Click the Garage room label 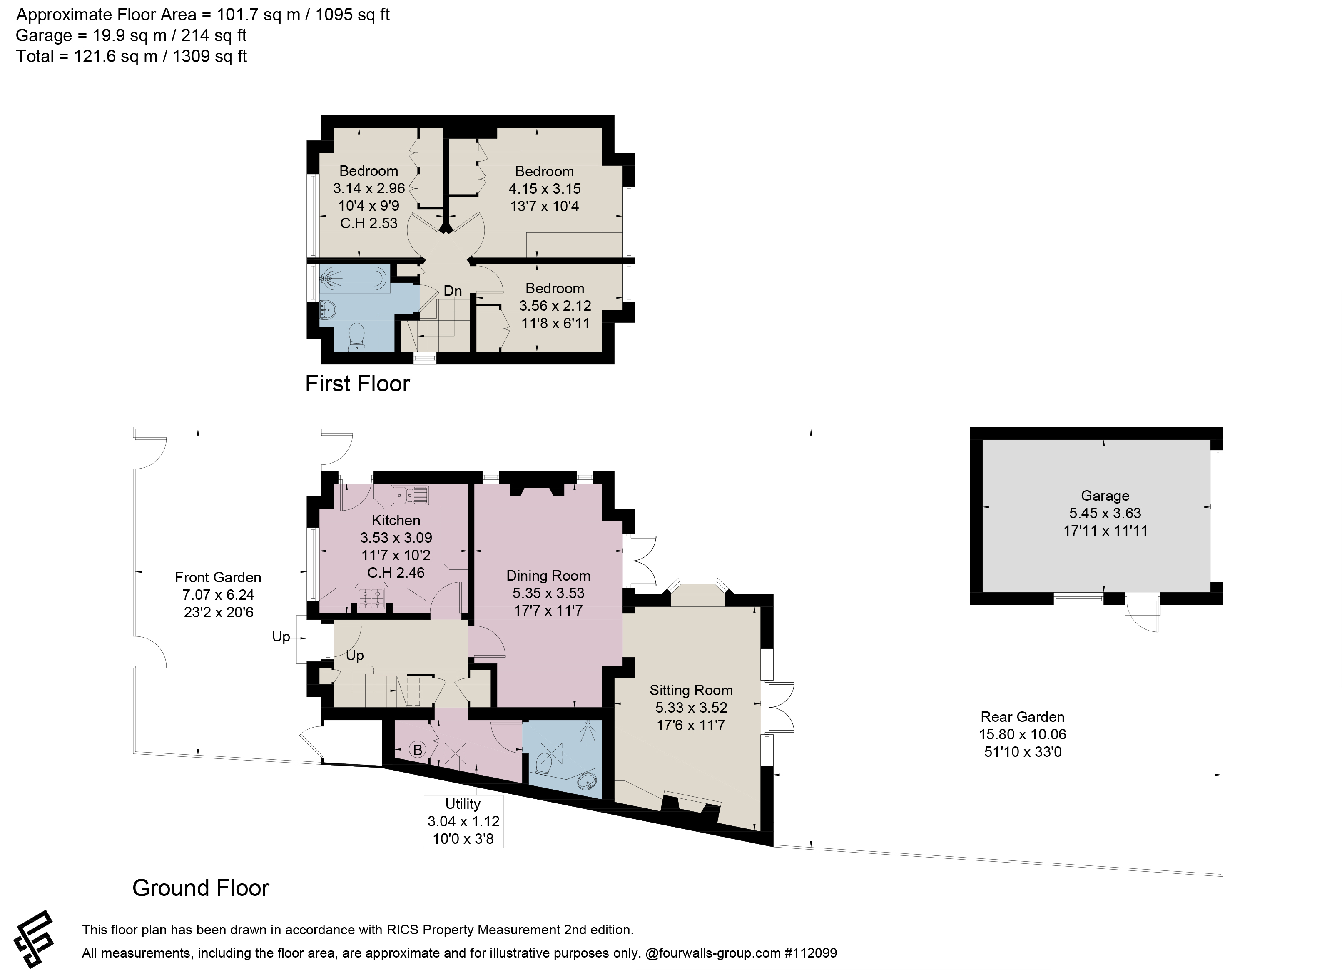pos(1105,496)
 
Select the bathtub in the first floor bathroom pos(354,278)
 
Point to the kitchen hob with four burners pos(371,598)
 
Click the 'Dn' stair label pos(453,291)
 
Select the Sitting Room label pos(691,690)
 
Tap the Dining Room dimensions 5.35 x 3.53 pos(548,593)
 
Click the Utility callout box pos(463,821)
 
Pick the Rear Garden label pos(1023,717)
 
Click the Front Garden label pos(218,577)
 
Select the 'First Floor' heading pos(357,384)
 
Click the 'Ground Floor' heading pos(201,888)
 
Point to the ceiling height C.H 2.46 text pos(396,572)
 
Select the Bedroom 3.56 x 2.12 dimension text pos(555,305)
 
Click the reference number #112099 pos(811,953)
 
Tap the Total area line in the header pos(131,56)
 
